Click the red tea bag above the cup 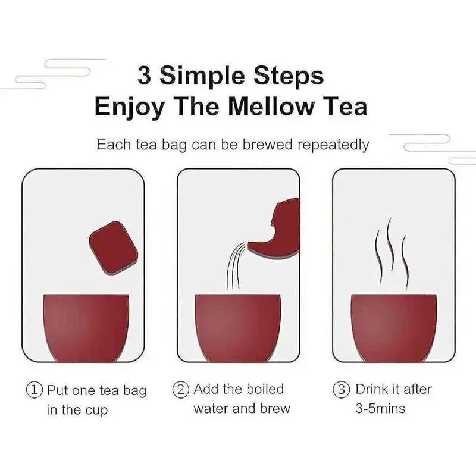coord(113,248)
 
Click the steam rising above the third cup coord(392,252)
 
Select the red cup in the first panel coord(86,328)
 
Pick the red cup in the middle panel coord(237,328)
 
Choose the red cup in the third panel coord(394,328)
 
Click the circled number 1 coord(35,390)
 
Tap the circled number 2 coord(181,390)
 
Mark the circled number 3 coord(341,390)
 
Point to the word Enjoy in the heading coord(130,108)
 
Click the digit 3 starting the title coord(144,76)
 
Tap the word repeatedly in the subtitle coord(333,145)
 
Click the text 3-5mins coord(380,409)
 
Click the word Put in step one coord(57,390)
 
